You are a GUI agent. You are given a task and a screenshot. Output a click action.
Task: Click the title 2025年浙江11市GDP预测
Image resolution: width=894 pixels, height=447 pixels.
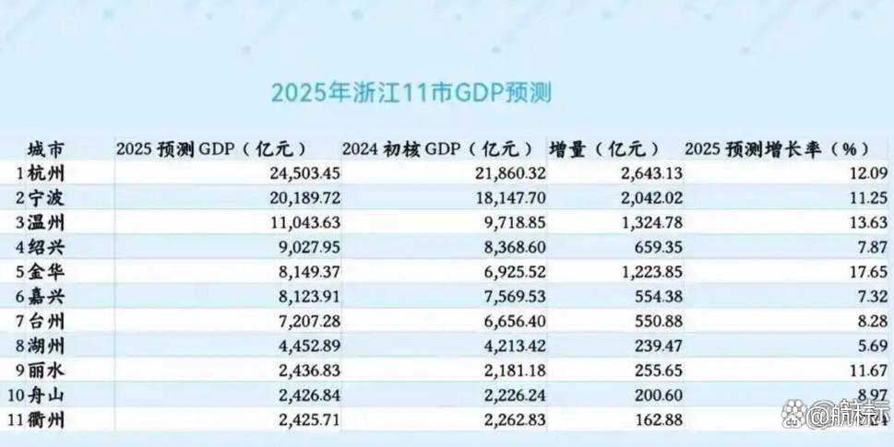[x=411, y=93]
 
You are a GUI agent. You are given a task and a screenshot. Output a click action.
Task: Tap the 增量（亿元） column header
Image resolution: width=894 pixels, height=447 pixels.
[x=604, y=149]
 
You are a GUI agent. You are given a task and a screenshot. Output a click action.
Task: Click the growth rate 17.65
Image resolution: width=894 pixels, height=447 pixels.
[x=869, y=272]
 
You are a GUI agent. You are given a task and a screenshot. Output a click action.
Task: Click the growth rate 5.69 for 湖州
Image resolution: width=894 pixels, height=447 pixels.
[x=873, y=347]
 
